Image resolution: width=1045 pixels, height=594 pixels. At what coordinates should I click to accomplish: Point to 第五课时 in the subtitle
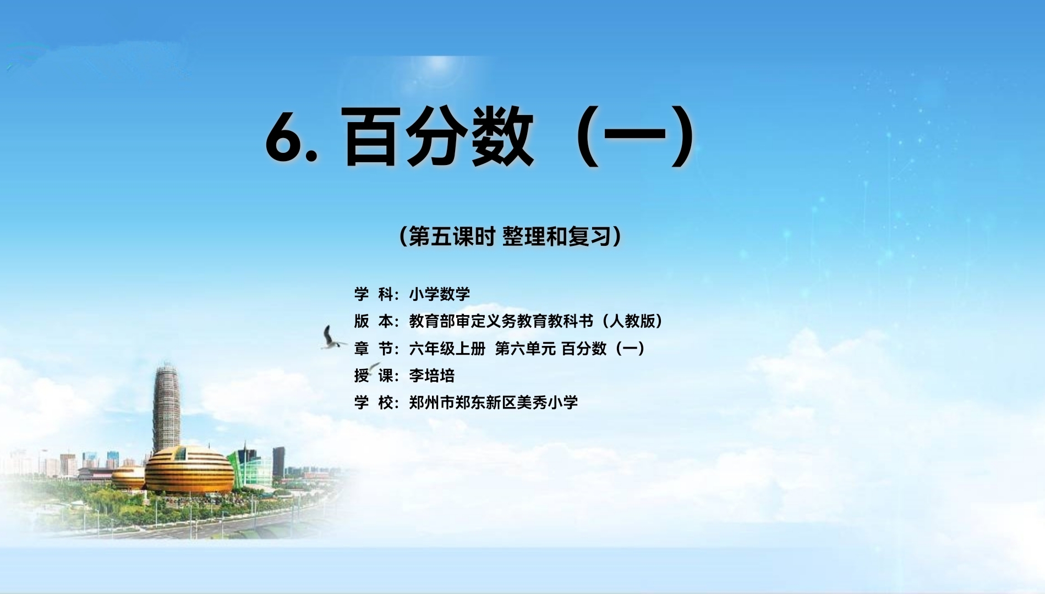(451, 237)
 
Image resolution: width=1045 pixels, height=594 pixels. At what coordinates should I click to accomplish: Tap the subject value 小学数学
(440, 294)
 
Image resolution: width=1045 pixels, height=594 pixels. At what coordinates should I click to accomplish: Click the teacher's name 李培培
(432, 376)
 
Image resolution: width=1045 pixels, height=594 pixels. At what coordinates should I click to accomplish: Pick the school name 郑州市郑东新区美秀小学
(494, 403)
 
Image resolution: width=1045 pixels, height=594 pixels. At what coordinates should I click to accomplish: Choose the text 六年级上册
(447, 349)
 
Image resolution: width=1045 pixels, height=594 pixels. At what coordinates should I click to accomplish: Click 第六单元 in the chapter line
(526, 349)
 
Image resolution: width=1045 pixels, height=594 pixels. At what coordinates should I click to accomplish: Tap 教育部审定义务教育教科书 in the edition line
(501, 321)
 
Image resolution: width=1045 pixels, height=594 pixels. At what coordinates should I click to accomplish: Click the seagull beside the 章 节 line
(332, 338)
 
